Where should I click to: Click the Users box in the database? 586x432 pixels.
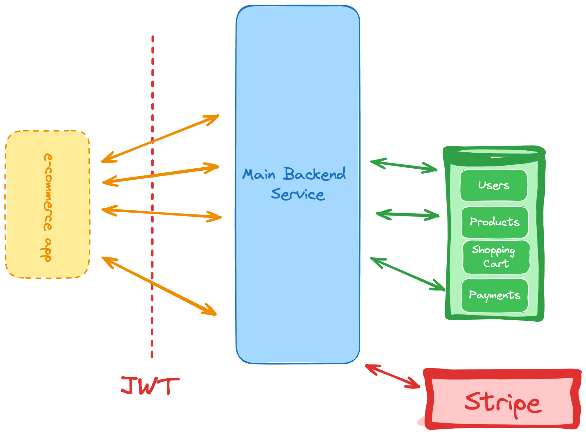494,185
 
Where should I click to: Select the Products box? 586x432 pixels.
495,222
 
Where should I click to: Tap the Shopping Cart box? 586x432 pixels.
496,257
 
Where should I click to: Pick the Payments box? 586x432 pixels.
495,295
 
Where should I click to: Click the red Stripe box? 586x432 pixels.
502,399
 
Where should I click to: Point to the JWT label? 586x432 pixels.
150,386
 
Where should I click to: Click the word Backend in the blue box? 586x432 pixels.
314,174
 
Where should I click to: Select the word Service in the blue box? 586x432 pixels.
298,194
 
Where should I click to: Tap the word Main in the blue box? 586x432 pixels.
259,174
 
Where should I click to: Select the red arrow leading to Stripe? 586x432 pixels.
393,376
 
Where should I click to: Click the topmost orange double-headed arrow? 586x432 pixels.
160,139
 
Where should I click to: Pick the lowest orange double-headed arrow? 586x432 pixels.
159,286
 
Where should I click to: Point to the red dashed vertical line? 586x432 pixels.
152,196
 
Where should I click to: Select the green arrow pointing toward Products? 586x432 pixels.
407,215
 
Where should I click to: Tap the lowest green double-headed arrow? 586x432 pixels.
407,274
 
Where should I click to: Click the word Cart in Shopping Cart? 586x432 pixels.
496,263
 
